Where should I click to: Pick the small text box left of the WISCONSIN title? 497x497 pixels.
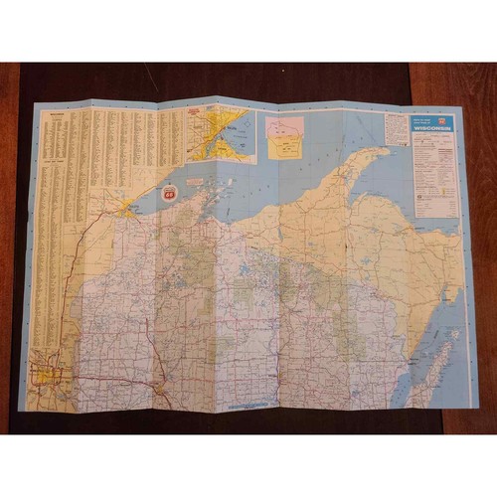[x=397, y=128]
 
